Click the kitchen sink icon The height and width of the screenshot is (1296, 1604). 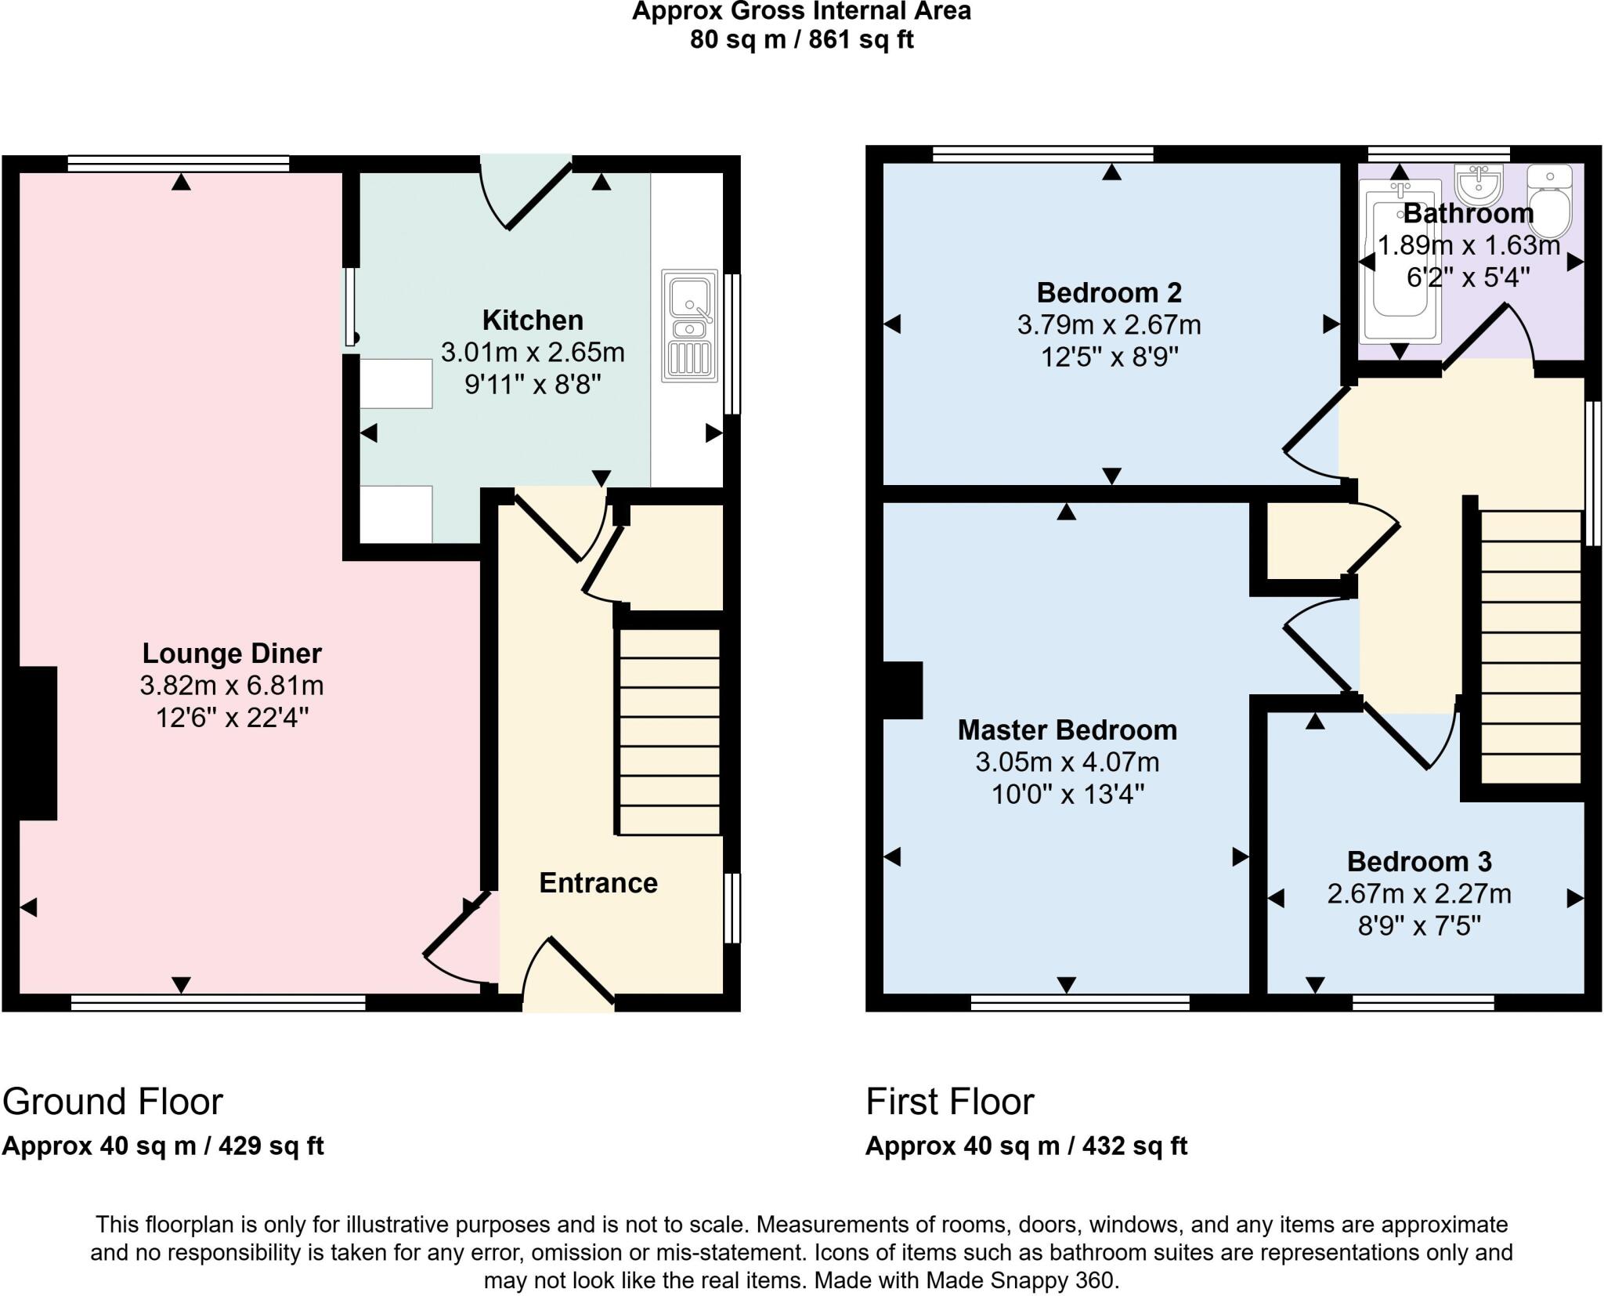coord(689,325)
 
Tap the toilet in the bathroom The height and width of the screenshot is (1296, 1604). coord(1548,201)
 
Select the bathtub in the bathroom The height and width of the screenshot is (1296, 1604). coord(1400,262)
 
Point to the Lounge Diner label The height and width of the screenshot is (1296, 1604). coord(232,653)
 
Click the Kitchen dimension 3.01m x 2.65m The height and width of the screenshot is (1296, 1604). coord(533,353)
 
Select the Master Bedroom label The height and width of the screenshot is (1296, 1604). coord(1067,729)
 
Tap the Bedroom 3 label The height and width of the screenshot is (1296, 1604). coord(1418,861)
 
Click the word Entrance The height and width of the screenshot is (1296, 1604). coord(598,883)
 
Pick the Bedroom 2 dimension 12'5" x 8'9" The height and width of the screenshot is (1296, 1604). coord(1109,357)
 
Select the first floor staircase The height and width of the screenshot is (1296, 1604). coord(1530,646)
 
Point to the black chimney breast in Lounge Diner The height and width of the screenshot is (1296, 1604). coord(38,743)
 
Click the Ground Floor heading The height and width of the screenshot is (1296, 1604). coord(113,1102)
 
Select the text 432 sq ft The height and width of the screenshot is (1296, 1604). coord(1135,1146)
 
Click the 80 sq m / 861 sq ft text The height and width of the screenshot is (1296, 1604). coord(801,39)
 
